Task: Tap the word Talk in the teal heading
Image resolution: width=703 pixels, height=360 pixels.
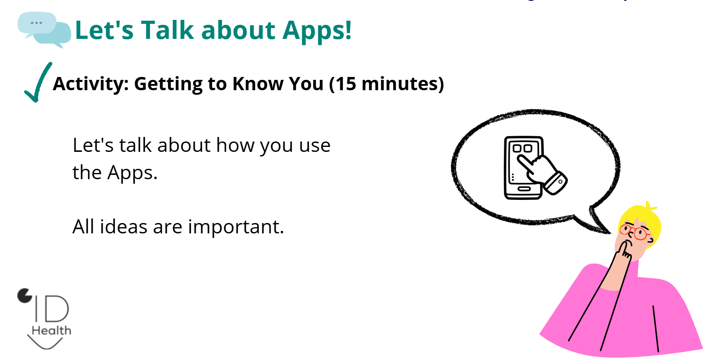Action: point(167,30)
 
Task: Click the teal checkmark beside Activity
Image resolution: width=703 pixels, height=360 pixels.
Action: point(38,82)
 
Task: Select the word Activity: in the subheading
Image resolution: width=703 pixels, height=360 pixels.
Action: point(91,84)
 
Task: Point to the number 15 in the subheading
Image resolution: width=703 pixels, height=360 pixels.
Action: point(346,84)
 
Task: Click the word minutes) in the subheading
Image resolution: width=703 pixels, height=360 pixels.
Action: point(403,84)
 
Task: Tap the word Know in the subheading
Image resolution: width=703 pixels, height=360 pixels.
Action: point(258,84)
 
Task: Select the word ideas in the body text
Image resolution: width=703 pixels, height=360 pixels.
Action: point(123,226)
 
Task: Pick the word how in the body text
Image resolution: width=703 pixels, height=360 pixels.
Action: point(235,145)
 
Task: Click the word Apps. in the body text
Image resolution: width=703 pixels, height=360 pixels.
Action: point(132,173)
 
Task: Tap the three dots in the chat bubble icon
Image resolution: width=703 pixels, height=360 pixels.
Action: point(36,23)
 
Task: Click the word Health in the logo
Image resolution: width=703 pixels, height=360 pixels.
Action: point(51,331)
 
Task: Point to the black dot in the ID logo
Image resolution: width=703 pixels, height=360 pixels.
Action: point(24,295)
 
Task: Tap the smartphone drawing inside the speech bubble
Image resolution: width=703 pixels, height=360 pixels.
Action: point(524,168)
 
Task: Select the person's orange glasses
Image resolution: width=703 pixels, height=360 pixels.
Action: point(635,232)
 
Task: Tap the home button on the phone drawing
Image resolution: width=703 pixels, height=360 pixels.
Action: point(524,189)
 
